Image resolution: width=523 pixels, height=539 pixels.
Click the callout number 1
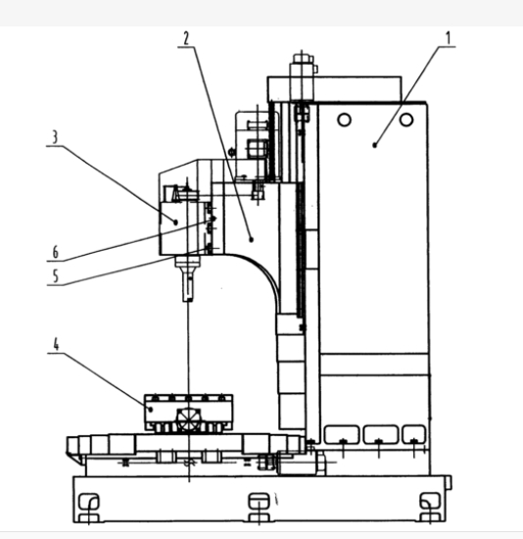pyautogui.click(x=448, y=38)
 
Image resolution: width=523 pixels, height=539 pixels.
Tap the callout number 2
pyautogui.click(x=186, y=38)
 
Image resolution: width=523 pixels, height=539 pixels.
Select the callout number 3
pyautogui.click(x=55, y=137)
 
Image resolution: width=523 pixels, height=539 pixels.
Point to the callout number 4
pyautogui.click(x=56, y=344)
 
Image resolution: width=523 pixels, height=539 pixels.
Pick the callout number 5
pyautogui.click(x=55, y=276)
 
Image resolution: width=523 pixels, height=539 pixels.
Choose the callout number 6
pyautogui.click(x=55, y=252)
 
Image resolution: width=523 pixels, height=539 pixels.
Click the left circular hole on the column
pyautogui.click(x=345, y=120)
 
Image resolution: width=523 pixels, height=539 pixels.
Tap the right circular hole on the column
pyautogui.click(x=406, y=120)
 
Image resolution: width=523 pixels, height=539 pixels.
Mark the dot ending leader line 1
pyautogui.click(x=375, y=145)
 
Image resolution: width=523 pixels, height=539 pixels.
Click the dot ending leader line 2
pyautogui.click(x=251, y=239)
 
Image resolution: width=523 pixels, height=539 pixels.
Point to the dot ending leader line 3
pyautogui.click(x=176, y=222)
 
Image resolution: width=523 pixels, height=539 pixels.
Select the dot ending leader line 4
pyautogui.click(x=151, y=410)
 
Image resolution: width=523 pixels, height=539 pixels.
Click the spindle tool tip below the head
pyautogui.click(x=188, y=300)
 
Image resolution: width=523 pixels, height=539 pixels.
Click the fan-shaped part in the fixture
pyautogui.click(x=189, y=419)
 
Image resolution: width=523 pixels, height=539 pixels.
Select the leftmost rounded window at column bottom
pyautogui.click(x=342, y=434)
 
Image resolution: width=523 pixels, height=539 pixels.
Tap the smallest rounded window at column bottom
pyautogui.click(x=413, y=434)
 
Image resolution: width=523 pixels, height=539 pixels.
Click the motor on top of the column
pyautogui.click(x=302, y=75)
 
